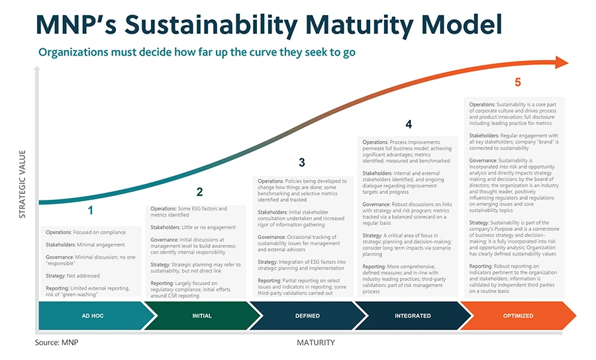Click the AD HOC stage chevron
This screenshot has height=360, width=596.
click(93, 316)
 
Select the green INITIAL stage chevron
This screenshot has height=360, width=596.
click(202, 316)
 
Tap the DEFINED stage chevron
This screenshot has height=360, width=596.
click(307, 316)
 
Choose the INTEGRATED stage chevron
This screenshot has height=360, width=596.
click(413, 316)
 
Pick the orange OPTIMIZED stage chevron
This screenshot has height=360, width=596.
click(518, 316)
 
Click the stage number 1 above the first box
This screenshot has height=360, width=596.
click(91, 210)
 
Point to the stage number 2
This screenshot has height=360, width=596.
click(199, 192)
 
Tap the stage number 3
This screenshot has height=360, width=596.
click(302, 163)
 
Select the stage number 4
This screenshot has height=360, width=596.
click(409, 124)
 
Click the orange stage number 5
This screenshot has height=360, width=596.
click(518, 82)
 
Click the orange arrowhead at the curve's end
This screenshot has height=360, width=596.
click(562, 63)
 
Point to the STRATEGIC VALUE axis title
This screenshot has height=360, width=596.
click(23, 184)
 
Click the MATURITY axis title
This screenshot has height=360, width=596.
click(316, 343)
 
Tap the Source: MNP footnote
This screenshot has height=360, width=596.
click(57, 343)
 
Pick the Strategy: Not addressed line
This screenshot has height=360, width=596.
click(73, 276)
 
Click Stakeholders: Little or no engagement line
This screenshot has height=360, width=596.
click(193, 227)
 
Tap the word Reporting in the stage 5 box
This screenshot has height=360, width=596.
click(481, 266)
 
